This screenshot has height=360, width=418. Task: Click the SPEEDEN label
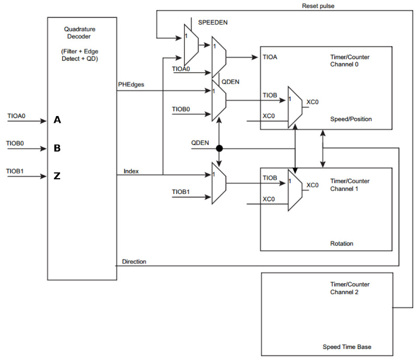[x=213, y=22]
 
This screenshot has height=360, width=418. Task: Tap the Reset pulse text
[x=318, y=6]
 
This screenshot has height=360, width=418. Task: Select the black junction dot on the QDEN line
[x=219, y=148]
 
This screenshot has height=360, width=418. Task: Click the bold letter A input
[x=57, y=120]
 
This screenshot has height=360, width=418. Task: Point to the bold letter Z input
[x=57, y=176]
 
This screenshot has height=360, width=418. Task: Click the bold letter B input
[x=57, y=148]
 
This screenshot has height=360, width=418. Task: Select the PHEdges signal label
[x=131, y=85]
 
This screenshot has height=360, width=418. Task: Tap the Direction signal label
[x=134, y=262]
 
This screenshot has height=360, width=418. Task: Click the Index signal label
[x=131, y=171]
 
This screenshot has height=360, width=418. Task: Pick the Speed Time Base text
[x=347, y=347]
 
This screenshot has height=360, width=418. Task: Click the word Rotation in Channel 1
[x=342, y=243]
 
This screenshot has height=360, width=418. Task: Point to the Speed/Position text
[x=351, y=119]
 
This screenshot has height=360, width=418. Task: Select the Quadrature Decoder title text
[x=79, y=33]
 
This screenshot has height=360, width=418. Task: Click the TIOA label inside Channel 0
[x=270, y=57]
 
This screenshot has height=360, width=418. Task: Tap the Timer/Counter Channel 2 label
[x=350, y=288]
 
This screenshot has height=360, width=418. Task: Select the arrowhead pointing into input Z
[x=43, y=176]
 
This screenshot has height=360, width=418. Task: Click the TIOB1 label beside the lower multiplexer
[x=181, y=192]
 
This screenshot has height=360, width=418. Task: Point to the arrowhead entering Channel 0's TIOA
[x=255, y=57]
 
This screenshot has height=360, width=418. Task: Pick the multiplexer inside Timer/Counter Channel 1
[x=295, y=190]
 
